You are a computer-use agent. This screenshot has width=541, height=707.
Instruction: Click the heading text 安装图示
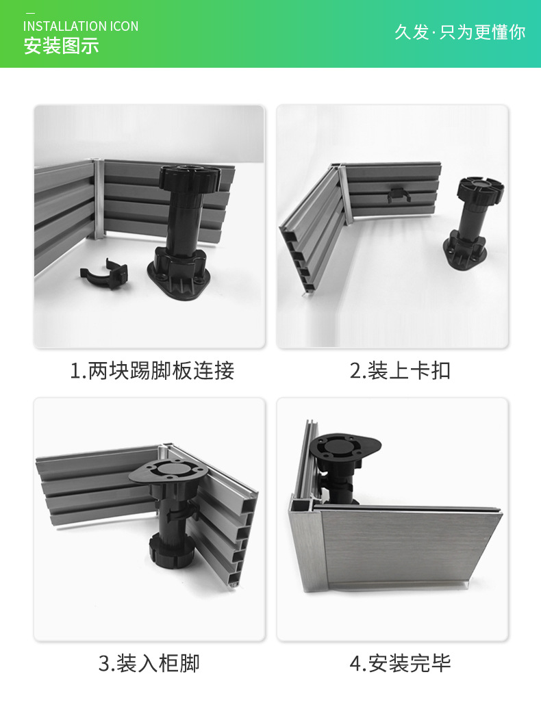[62, 47]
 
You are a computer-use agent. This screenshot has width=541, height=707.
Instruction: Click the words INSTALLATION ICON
[81, 26]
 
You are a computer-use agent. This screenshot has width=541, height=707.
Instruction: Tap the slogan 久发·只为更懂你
[460, 31]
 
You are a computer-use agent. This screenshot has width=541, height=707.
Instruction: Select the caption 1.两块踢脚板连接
[152, 370]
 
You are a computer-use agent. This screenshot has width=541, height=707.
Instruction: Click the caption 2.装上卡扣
[400, 370]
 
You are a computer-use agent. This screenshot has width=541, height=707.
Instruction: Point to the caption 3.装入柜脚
[149, 663]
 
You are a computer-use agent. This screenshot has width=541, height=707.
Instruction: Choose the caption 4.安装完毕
[400, 663]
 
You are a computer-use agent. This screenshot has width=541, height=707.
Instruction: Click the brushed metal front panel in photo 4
[411, 548]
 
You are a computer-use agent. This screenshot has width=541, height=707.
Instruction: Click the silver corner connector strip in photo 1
[97, 198]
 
